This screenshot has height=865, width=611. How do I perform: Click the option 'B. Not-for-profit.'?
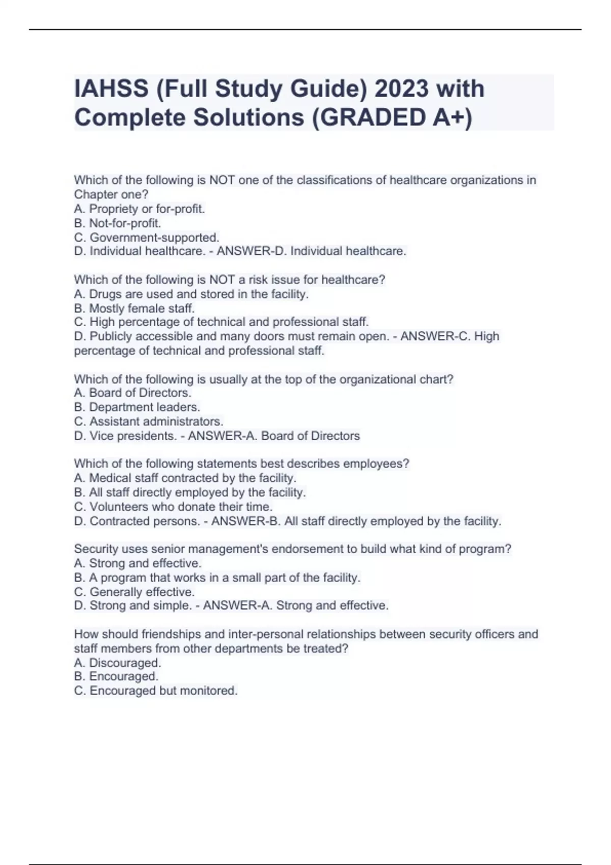click(x=118, y=223)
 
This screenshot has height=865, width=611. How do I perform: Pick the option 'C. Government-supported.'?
click(x=147, y=237)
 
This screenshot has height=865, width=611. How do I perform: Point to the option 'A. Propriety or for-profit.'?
click(x=140, y=209)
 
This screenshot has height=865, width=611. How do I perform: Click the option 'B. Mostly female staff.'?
click(x=134, y=308)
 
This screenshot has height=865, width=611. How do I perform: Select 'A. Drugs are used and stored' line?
click(x=191, y=294)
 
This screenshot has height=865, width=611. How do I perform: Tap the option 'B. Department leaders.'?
click(x=137, y=407)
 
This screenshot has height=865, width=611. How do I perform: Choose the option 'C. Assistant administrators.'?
click(x=149, y=421)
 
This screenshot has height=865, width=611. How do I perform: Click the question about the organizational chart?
click(x=263, y=379)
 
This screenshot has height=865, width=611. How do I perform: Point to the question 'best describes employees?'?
click(x=241, y=464)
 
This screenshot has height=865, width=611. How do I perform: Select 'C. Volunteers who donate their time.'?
click(x=173, y=507)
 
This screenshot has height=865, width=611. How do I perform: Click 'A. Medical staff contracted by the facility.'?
click(x=185, y=478)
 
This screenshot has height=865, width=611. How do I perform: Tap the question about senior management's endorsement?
click(x=292, y=549)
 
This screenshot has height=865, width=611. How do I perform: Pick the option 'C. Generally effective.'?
click(x=134, y=592)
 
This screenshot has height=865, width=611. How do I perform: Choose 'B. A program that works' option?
click(x=217, y=578)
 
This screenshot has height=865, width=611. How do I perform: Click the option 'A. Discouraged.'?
click(x=118, y=662)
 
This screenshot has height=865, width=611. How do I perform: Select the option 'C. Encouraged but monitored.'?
click(x=156, y=690)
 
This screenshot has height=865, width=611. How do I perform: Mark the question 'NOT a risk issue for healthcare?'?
click(x=230, y=280)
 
